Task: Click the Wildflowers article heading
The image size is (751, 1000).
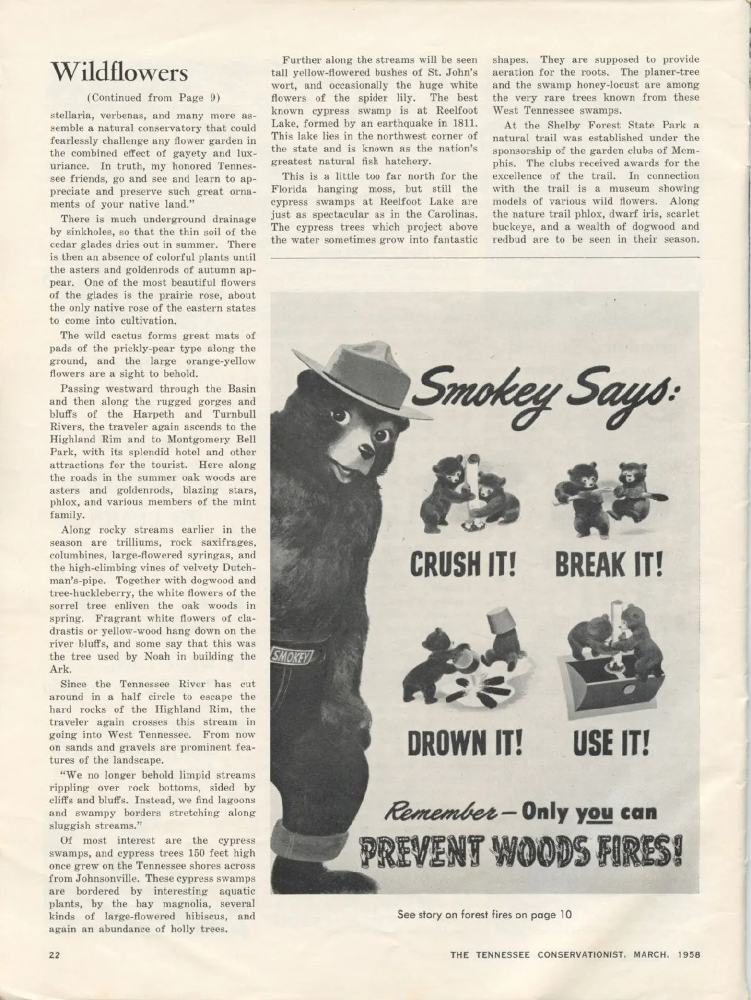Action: pyautogui.click(x=120, y=72)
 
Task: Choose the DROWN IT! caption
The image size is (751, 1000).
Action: pyautogui.click(x=464, y=744)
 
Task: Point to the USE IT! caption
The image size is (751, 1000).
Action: pyautogui.click(x=611, y=744)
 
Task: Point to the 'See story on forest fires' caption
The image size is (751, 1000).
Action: pyautogui.click(x=485, y=914)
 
